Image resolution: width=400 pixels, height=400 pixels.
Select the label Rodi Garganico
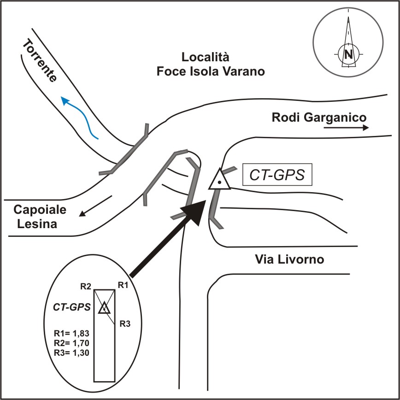319,117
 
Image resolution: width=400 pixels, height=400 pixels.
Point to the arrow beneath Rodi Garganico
346,128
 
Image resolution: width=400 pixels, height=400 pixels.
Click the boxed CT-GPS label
277,176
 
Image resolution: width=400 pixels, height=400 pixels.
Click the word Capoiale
40,210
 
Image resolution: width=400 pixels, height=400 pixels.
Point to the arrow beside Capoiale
95,206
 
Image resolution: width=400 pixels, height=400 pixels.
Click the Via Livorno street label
289,259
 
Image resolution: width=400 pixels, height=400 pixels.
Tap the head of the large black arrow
196,212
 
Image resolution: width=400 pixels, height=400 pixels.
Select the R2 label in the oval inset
86,287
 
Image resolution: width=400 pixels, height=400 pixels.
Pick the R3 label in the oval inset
125,324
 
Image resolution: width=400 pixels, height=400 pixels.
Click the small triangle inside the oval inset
104,308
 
